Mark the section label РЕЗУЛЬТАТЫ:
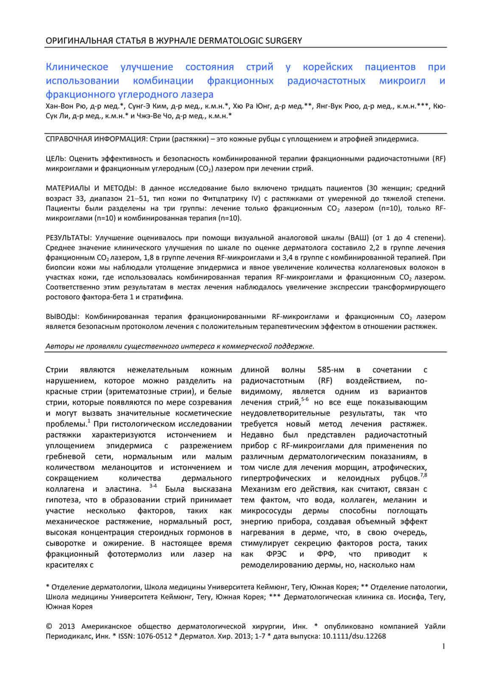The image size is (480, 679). coord(69,237)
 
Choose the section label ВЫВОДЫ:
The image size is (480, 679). coord(62,317)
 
